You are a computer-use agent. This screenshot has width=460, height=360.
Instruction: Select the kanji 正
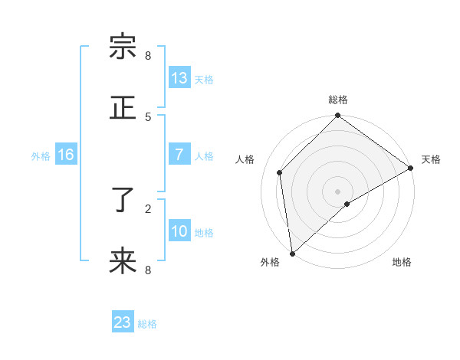[x=123, y=108]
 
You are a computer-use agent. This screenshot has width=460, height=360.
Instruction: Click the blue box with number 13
[x=179, y=78]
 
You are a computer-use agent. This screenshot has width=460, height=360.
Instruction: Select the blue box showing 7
[x=179, y=155]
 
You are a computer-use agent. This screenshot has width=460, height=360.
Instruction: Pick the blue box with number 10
[x=179, y=231]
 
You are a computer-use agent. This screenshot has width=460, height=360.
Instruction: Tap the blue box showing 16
[x=66, y=155]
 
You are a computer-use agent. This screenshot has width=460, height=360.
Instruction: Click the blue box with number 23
[x=123, y=322]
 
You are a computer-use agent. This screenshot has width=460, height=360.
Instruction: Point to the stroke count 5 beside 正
[x=148, y=116]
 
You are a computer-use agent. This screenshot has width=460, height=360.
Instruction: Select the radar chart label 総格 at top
[x=338, y=100]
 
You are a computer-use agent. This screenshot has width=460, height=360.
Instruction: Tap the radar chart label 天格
[x=431, y=159]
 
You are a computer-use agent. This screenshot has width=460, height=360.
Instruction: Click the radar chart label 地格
[x=402, y=262]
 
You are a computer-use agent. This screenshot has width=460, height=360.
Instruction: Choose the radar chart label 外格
[x=270, y=262]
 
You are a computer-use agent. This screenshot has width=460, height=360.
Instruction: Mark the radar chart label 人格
[x=245, y=159]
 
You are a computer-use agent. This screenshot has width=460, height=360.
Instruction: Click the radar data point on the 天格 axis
[x=411, y=168]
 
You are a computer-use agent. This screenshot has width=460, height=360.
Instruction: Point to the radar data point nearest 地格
[x=347, y=204]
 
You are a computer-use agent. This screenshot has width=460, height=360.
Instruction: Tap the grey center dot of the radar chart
[x=338, y=191]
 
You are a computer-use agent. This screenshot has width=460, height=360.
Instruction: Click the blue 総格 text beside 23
[x=147, y=324]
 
